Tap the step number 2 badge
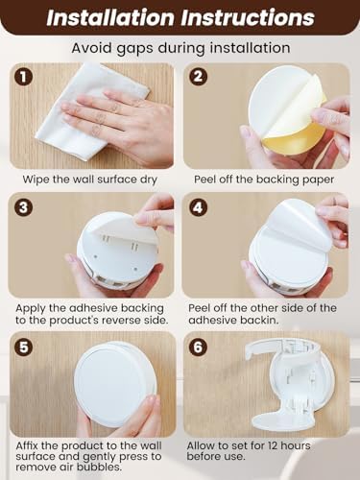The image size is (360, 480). (198, 77)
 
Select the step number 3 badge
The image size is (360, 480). (23, 207)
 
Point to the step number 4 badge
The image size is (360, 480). (198, 207)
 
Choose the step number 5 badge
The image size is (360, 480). (23, 348)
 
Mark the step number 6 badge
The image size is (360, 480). (198, 348)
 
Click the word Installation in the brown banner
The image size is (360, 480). (110, 17)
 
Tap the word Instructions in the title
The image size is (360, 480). (248, 17)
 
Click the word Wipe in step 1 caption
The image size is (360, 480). (36, 180)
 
